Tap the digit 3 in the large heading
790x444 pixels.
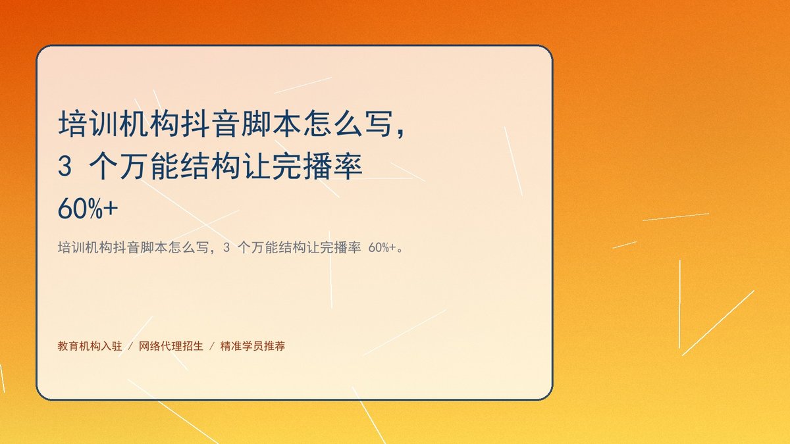(x=65, y=166)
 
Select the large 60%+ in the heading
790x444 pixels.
(x=88, y=209)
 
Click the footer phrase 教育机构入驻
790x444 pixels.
(x=90, y=346)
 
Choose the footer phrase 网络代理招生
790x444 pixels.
(x=171, y=346)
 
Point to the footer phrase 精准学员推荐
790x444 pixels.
(x=253, y=346)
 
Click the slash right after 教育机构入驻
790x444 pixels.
(x=130, y=347)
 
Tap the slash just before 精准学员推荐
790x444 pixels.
(x=212, y=347)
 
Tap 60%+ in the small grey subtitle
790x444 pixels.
(x=382, y=248)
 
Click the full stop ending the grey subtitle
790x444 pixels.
(x=400, y=251)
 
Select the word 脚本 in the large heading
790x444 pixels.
(x=256, y=124)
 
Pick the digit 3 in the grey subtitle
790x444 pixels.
(x=226, y=248)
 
